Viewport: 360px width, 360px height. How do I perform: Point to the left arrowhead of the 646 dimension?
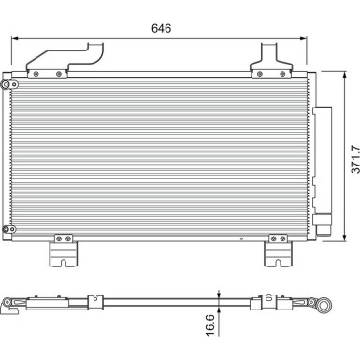click(x=14, y=39)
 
